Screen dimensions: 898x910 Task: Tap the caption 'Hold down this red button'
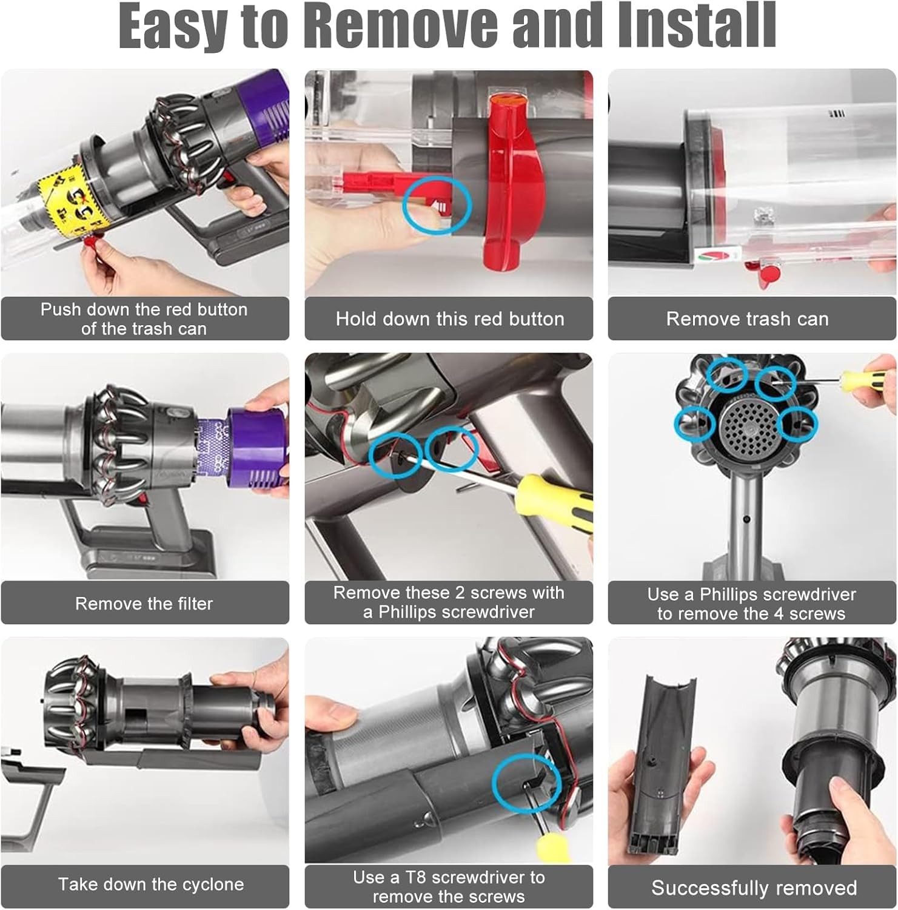click(450, 319)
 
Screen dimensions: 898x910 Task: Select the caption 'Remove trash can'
click(747, 319)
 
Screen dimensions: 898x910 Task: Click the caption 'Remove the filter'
click(144, 604)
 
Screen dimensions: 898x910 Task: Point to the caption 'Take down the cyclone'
click(151, 885)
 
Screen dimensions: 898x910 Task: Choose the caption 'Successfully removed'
click(754, 888)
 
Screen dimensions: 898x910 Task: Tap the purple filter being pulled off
click(256, 446)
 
